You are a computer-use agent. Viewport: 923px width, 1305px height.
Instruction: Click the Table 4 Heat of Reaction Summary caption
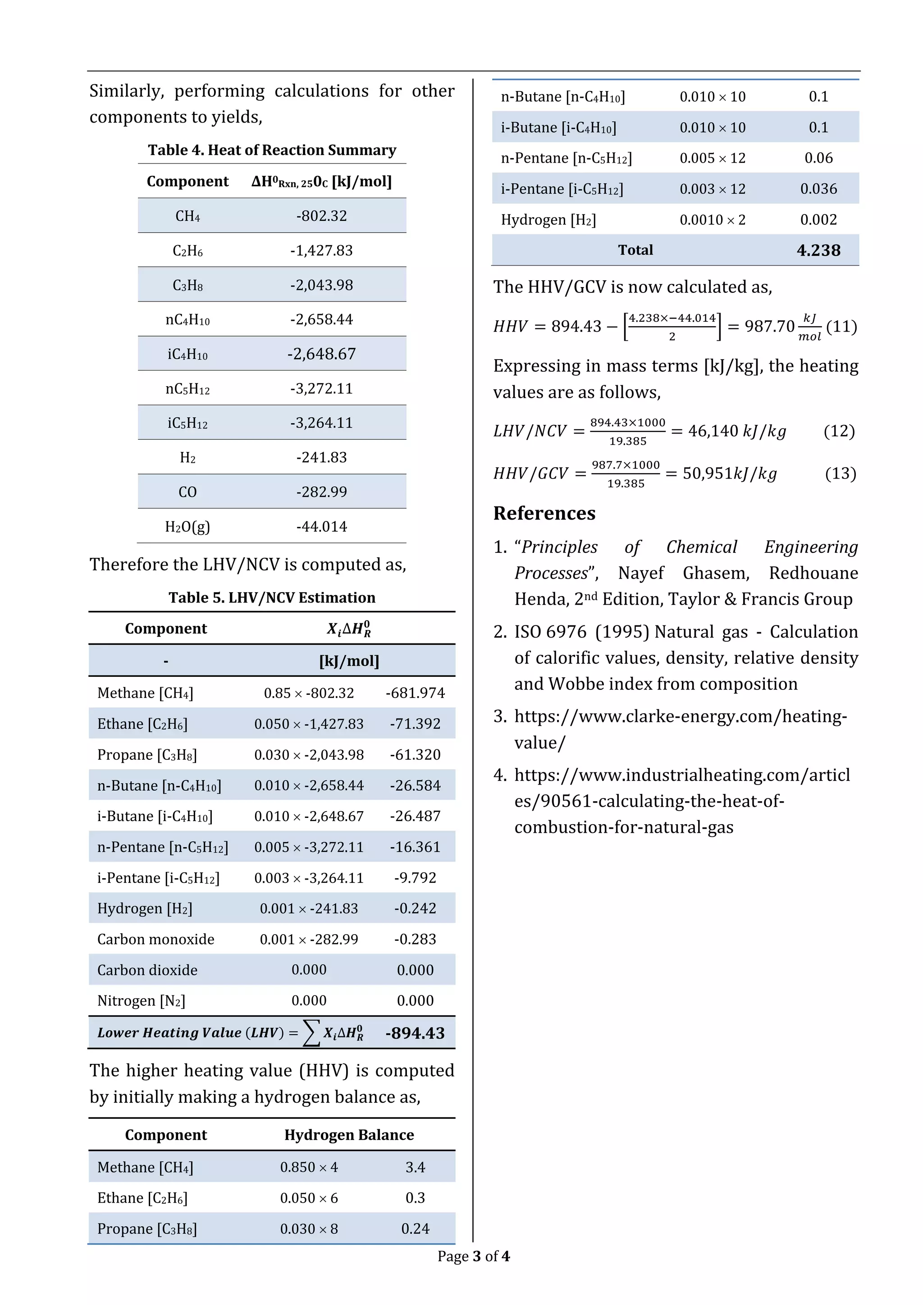(x=272, y=150)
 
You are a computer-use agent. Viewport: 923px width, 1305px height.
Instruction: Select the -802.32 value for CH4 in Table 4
(x=321, y=216)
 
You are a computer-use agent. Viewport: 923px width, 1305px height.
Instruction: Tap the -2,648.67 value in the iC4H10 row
(x=321, y=354)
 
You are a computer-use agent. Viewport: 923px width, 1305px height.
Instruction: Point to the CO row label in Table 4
(x=187, y=492)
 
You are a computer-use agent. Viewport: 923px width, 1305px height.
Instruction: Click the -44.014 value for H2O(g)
(x=321, y=527)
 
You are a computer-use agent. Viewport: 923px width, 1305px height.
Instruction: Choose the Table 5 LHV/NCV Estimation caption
(x=272, y=598)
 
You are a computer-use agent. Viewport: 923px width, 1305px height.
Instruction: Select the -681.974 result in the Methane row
(x=415, y=693)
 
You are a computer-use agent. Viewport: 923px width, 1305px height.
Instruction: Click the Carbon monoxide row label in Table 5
(x=156, y=939)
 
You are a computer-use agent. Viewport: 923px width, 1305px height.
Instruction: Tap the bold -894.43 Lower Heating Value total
(x=415, y=1033)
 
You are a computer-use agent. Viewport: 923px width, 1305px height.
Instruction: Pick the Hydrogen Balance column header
(x=349, y=1135)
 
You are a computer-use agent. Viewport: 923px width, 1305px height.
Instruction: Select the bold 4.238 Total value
(x=818, y=250)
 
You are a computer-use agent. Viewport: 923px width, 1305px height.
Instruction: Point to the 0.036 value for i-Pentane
(x=818, y=189)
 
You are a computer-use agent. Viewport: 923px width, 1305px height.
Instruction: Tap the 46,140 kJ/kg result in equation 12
(x=737, y=431)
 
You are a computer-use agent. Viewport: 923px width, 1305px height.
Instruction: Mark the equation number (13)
(x=840, y=474)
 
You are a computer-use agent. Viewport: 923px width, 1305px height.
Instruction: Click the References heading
(x=544, y=513)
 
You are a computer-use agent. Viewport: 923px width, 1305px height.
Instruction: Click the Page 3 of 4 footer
(x=473, y=1256)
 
